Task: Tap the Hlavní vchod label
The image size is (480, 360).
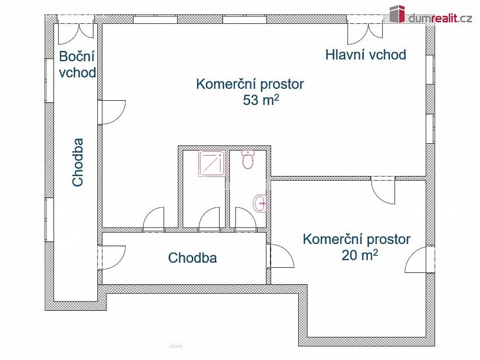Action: [x=366, y=55]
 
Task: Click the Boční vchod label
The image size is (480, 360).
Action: [x=77, y=65]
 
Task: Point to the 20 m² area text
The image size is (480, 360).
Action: [x=359, y=255]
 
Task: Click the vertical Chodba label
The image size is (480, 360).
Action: [x=78, y=162]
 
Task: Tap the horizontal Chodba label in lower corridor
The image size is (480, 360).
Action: [x=192, y=258]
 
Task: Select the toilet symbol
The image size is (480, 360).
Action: [x=247, y=160]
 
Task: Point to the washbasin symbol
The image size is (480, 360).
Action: [x=260, y=203]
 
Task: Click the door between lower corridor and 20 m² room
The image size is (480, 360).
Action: [x=281, y=256]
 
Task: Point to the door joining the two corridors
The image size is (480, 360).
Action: [x=113, y=258]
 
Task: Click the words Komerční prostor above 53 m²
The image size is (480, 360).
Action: [x=250, y=84]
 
